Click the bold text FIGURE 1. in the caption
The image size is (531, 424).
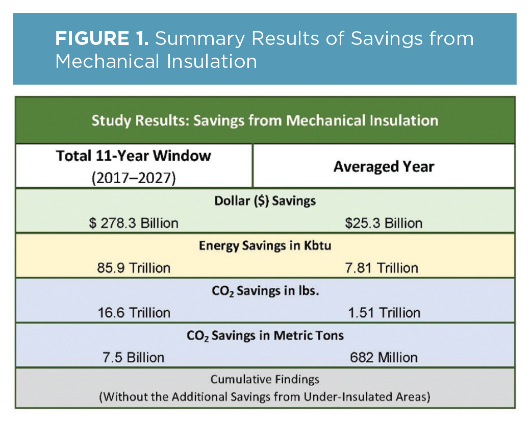click(102, 39)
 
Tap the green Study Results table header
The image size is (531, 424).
click(265, 120)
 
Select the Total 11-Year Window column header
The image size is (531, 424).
click(134, 156)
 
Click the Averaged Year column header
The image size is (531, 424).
click(384, 167)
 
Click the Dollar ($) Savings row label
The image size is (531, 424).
click(265, 201)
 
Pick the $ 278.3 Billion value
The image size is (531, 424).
click(134, 223)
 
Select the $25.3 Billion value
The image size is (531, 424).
click(384, 223)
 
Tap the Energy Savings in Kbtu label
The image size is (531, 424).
click(265, 245)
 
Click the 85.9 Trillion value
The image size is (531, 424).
click(134, 268)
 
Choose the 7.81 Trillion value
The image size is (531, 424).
click(384, 268)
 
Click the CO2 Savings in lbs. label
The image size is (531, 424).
click(265, 290)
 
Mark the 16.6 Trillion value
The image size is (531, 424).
click(134, 312)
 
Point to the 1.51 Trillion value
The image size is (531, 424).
click(384, 312)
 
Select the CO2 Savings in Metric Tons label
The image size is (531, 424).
click(265, 335)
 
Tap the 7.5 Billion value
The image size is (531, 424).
click(134, 357)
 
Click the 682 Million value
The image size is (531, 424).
click(384, 357)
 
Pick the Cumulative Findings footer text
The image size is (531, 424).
click(265, 380)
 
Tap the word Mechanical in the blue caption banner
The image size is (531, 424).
click(102, 62)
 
